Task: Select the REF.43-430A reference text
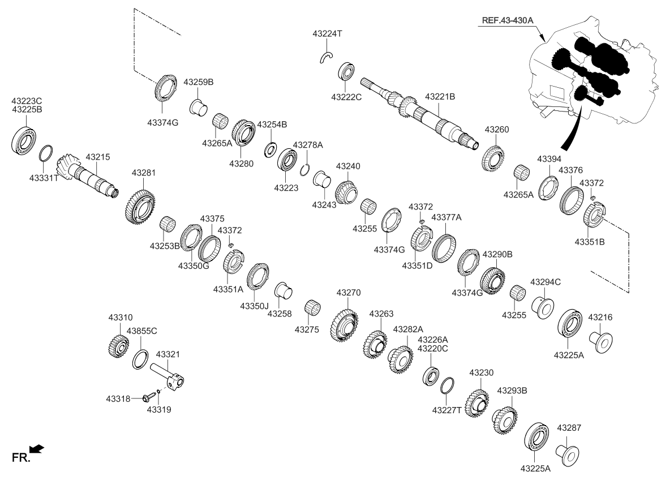coord(508,20)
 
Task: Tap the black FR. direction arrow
coord(37,449)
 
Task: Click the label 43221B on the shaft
coord(440,97)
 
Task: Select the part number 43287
coord(569,428)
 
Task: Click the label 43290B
coord(497,255)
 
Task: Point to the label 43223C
coord(27,101)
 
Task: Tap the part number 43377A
coord(446,217)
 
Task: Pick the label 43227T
coord(447,409)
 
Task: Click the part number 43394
coord(548,159)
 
